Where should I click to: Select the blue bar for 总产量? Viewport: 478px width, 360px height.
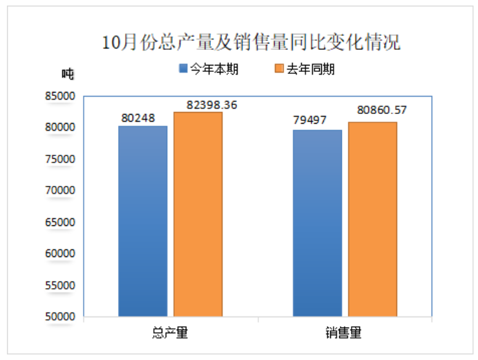[x=143, y=221]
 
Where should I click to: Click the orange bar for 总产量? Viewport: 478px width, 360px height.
[x=198, y=214]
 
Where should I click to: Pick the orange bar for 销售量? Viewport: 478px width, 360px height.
[x=372, y=219]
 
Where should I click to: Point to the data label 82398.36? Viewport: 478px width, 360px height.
[x=212, y=104]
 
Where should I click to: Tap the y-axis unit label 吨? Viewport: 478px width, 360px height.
[x=67, y=73]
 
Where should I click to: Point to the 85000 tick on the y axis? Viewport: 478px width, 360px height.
[x=59, y=96]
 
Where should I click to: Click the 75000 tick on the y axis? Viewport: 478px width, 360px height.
[x=59, y=159]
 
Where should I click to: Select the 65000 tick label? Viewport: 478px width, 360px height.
[x=59, y=222]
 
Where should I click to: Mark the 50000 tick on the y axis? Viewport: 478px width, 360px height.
[x=59, y=317]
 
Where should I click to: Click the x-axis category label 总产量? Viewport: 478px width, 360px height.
[x=170, y=332]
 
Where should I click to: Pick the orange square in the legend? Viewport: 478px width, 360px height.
[x=279, y=69]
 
